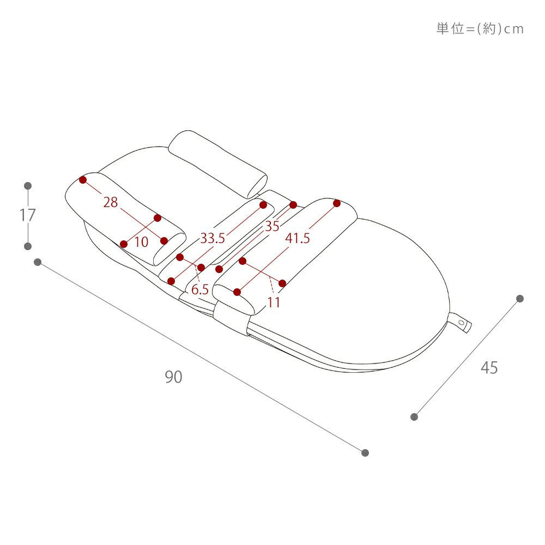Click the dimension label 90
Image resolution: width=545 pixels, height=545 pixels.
coord(173,377)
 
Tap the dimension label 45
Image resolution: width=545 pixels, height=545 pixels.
coord(489,368)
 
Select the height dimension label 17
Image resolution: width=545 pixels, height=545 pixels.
coord(27,215)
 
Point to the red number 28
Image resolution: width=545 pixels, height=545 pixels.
coord(111,202)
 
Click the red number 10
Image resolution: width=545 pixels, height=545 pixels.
coord(141,242)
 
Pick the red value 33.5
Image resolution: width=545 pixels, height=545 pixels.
coord(213,239)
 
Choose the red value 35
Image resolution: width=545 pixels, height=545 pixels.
coord(272,226)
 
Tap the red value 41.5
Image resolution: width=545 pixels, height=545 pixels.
coord(298,239)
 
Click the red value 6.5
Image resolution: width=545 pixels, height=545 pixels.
coord(200,289)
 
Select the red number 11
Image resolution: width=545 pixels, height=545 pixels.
coord(274,302)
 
